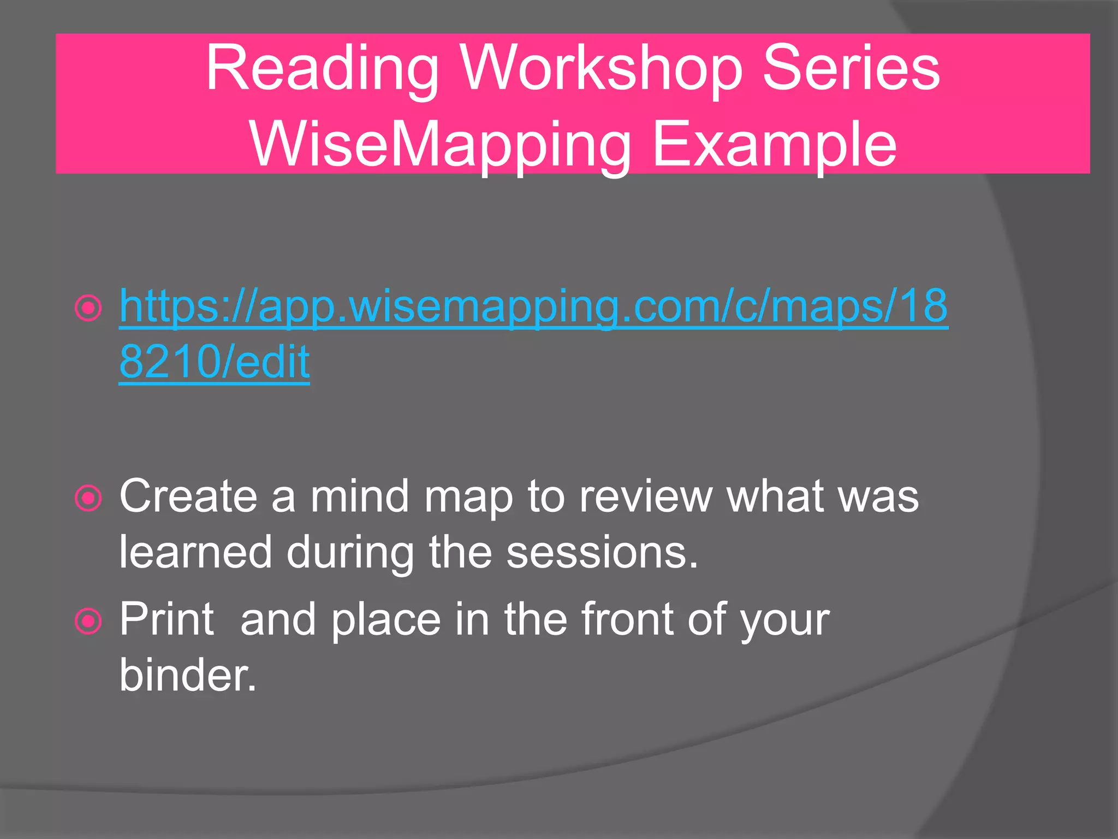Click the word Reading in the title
click(x=322, y=69)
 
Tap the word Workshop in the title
click(x=601, y=69)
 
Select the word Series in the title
click(x=851, y=69)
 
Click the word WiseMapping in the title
click(x=440, y=145)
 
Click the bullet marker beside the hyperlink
click(x=88, y=308)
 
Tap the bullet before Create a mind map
click(x=88, y=498)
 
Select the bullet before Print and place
click(x=88, y=622)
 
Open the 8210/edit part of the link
click(x=215, y=362)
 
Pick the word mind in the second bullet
click(x=359, y=496)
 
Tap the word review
click(x=646, y=496)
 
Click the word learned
click(x=195, y=552)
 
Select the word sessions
click(x=602, y=552)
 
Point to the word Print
click(x=166, y=619)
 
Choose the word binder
click(x=188, y=675)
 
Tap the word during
click(x=350, y=552)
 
